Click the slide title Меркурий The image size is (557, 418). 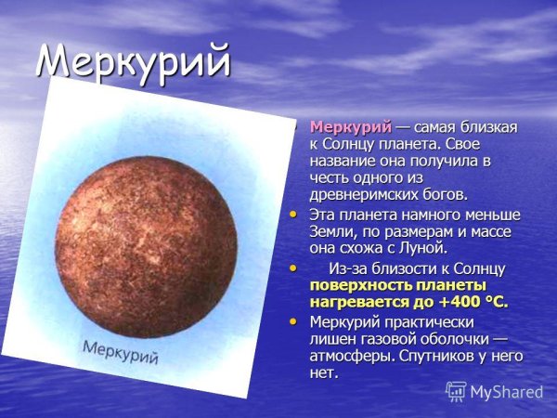click(x=132, y=61)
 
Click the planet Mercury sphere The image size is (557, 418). click(x=157, y=231)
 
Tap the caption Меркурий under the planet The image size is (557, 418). click(x=121, y=353)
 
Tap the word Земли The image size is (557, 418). click(x=330, y=232)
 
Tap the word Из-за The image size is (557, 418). click(x=349, y=268)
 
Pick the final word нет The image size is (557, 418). click(x=323, y=372)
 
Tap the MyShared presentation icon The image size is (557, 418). click(x=455, y=391)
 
